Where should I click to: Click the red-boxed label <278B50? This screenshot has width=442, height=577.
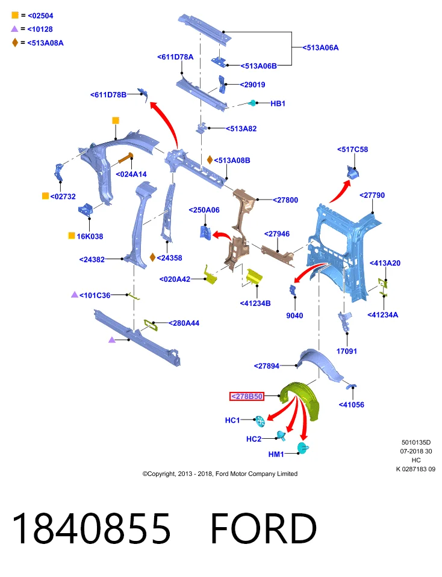tap(246, 396)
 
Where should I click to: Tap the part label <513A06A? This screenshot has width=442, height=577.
tap(320, 47)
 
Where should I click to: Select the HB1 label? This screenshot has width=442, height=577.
tap(278, 103)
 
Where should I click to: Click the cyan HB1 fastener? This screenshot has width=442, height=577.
tap(252, 103)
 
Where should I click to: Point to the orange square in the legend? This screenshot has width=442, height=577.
tap(15, 15)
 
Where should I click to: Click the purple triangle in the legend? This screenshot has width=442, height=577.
tap(14, 29)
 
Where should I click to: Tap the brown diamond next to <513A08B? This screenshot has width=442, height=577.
tap(210, 160)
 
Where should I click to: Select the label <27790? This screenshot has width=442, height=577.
tap(372, 195)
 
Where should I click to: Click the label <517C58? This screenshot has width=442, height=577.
tap(352, 150)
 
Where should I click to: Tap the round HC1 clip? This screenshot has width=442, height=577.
tap(260, 421)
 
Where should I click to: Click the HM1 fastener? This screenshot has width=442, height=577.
tap(303, 448)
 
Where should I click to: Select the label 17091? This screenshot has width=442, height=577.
tap(346, 351)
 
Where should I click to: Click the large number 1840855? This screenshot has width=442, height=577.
tap(92, 528)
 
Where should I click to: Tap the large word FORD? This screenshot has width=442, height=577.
tap(264, 528)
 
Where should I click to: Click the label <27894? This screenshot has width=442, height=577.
tap(267, 366)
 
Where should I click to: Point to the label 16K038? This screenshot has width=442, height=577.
tap(90, 236)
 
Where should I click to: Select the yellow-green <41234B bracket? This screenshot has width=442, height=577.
tap(254, 276)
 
